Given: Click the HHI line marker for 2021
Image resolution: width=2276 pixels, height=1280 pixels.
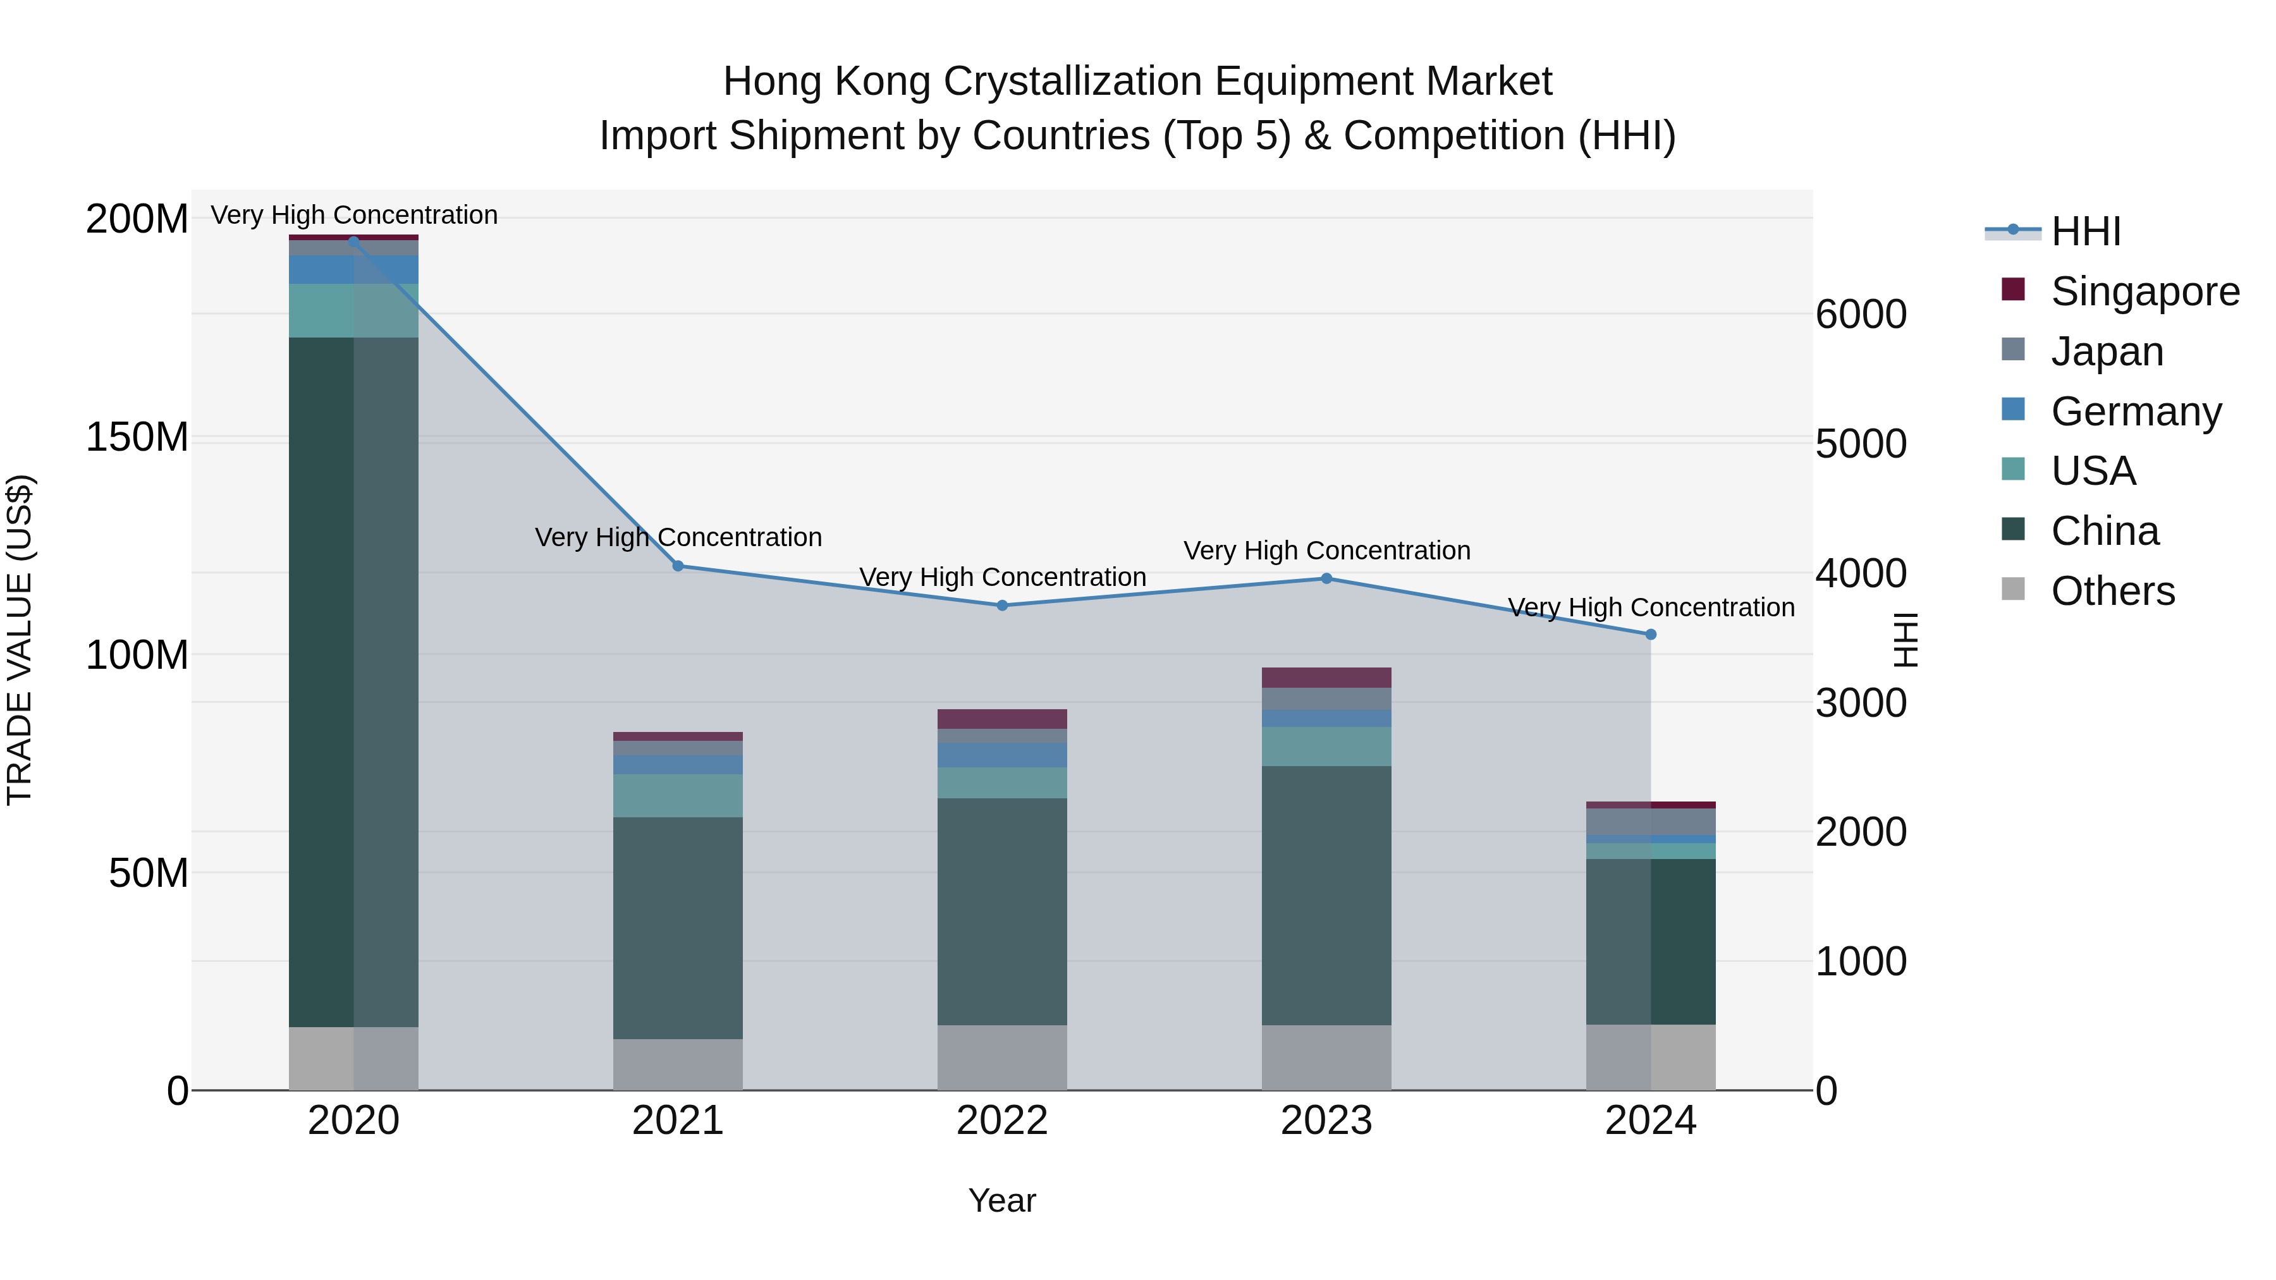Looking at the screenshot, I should coord(678,565).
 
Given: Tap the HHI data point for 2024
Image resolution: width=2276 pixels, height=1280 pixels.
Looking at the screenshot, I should coord(1651,634).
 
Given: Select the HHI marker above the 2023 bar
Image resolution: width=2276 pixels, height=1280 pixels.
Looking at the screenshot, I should coord(1326,578).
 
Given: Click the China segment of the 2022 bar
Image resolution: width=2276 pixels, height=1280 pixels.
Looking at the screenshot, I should coord(1002,911).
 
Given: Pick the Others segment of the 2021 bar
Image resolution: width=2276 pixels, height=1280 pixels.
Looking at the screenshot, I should coord(678,1064).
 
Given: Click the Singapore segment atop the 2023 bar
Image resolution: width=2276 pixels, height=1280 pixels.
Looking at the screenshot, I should coord(1326,678).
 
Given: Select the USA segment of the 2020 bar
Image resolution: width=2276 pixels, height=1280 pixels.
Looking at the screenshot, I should coord(353,310).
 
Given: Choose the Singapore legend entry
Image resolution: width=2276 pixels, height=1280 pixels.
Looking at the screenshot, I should coord(2144,291).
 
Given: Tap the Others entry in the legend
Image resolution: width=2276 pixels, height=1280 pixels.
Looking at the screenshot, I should coord(2112,591).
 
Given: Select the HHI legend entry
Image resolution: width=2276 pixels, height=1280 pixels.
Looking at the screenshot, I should coord(2085,231).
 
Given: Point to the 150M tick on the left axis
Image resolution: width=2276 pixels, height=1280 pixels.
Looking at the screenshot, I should coord(137,437).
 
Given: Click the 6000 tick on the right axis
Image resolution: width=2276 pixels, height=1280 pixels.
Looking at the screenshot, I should coord(1861,315).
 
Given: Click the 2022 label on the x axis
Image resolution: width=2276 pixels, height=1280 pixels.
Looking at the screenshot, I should coord(1002,1121).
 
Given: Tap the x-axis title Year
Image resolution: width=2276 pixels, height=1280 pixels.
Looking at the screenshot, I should coord(1002,1200).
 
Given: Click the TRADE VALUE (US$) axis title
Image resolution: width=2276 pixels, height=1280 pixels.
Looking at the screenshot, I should coord(20,640).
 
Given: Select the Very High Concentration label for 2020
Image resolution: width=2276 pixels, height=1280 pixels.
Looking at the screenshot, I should coord(353,215).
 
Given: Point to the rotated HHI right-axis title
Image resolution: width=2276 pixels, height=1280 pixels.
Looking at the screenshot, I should coord(1907,640).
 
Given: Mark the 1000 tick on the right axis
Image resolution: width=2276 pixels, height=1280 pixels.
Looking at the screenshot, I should coord(1861,962).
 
